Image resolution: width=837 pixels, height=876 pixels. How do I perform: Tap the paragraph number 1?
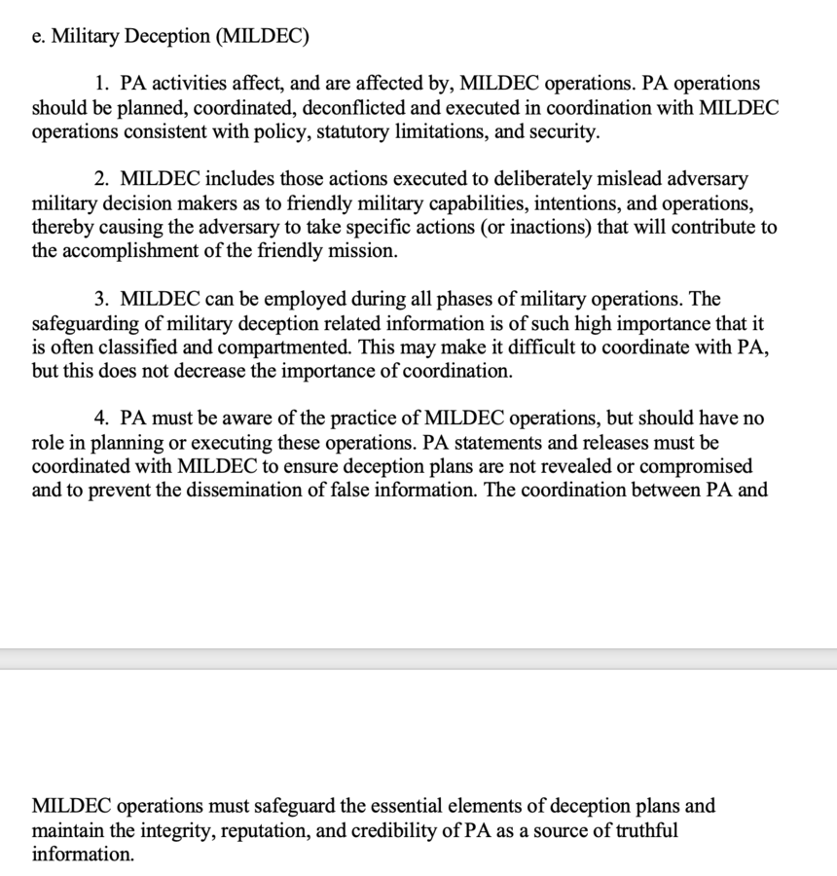(x=101, y=84)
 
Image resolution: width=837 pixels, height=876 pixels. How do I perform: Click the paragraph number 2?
(x=101, y=179)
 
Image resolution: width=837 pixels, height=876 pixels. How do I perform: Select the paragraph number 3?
(x=101, y=299)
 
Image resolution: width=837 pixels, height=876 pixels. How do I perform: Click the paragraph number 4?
(x=101, y=418)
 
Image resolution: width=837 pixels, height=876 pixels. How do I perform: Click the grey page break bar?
(x=418, y=659)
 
